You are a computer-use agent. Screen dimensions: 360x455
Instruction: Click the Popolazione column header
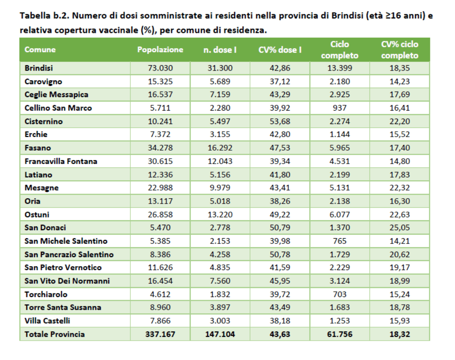click(160, 50)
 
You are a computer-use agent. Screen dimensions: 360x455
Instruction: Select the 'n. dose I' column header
click(220, 50)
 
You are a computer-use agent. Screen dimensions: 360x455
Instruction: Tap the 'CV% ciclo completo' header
click(399, 50)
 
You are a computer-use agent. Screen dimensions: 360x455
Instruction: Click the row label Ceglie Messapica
click(56, 95)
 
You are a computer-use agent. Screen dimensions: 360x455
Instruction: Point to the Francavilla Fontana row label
click(61, 161)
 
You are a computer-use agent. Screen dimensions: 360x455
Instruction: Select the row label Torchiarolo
click(46, 294)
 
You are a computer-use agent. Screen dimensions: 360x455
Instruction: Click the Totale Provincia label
click(54, 334)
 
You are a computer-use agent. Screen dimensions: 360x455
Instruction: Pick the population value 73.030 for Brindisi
click(160, 68)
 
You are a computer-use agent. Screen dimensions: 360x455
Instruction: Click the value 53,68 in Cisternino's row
click(280, 121)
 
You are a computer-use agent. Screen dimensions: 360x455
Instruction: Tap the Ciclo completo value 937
click(340, 108)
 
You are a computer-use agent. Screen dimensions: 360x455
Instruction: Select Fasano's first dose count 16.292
click(220, 148)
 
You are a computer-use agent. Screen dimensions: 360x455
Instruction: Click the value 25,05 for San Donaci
click(399, 228)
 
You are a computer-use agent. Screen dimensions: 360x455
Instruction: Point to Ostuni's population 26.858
click(160, 214)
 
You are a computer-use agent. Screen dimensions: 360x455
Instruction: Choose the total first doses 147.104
click(220, 334)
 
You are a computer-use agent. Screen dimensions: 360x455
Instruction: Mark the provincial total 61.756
click(340, 334)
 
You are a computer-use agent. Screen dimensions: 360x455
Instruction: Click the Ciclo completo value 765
click(340, 241)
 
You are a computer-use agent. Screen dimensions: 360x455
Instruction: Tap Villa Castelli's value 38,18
click(280, 321)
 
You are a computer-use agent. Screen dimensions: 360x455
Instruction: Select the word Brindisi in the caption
click(348, 17)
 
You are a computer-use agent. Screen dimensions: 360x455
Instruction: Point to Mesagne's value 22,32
click(399, 188)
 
